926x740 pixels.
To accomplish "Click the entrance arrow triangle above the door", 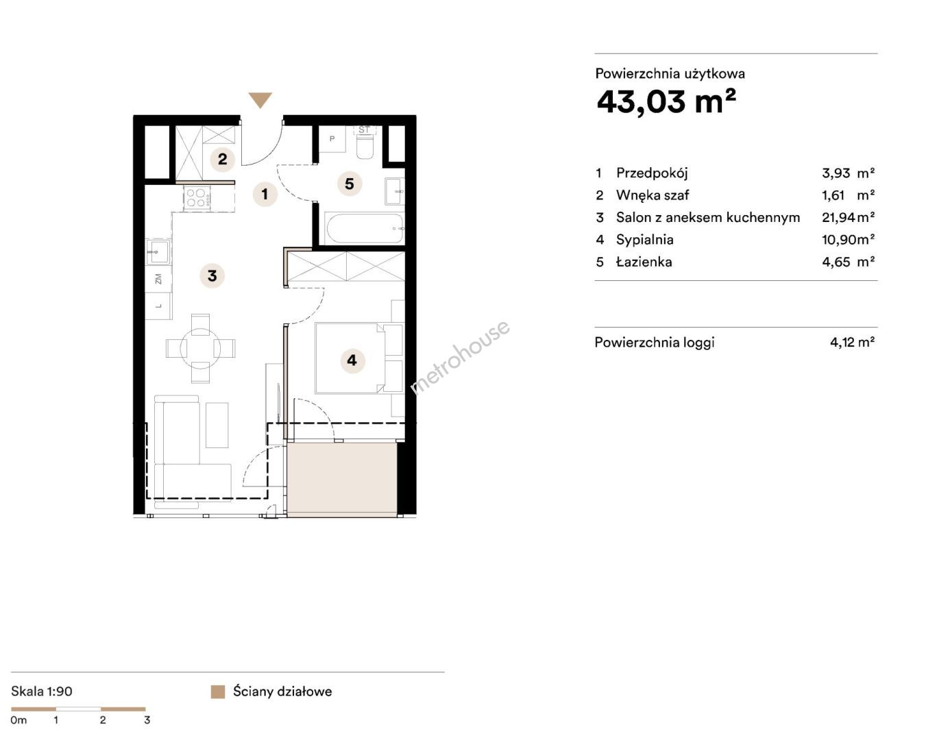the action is coord(260,99).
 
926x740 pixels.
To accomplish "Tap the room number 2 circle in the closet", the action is coord(222,159).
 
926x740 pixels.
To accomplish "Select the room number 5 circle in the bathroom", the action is coord(350,184).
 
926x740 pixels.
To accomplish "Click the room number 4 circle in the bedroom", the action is coord(352,360).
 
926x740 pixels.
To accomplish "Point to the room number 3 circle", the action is coord(212,275).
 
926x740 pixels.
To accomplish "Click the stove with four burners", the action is coord(197,198).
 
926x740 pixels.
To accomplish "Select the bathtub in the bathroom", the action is coord(365,228).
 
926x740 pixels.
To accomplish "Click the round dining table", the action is coord(200,348).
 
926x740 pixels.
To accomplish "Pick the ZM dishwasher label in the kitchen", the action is coord(158,279).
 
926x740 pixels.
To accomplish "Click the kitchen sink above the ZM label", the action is coord(158,252).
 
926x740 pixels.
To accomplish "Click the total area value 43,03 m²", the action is coord(666,102).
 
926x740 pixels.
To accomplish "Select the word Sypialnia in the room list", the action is coord(644,240).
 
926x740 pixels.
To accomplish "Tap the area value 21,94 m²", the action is coord(848,217).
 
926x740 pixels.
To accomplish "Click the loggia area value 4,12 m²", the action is coord(853,342).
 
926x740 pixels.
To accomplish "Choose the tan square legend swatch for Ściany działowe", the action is coord(218,692).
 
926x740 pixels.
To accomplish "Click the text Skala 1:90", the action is coord(42,691).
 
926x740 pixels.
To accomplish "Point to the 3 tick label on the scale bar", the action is coord(147,720).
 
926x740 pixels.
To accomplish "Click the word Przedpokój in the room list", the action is coord(652,173).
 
